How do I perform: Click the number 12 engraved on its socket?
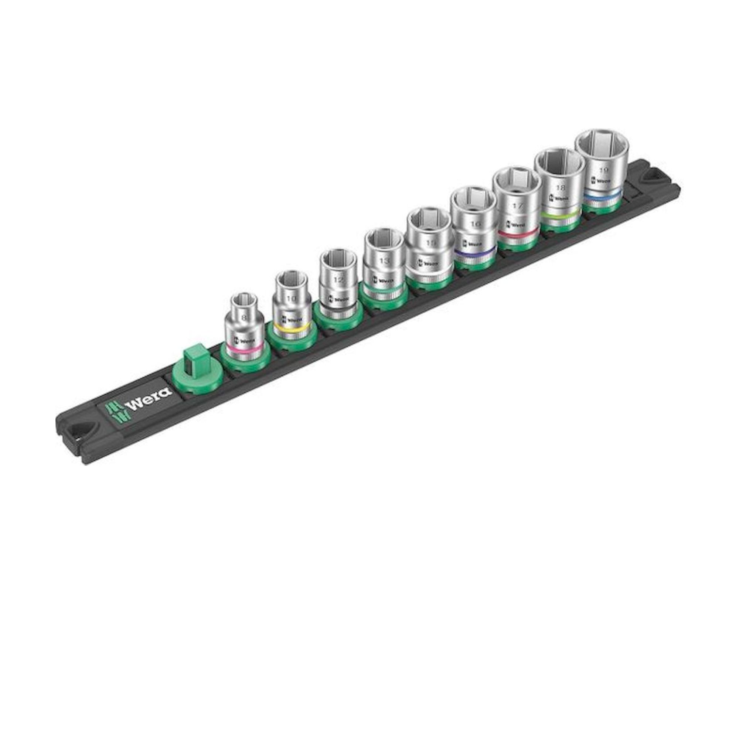coord(338,280)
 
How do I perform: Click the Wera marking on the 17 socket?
coord(517,224)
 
